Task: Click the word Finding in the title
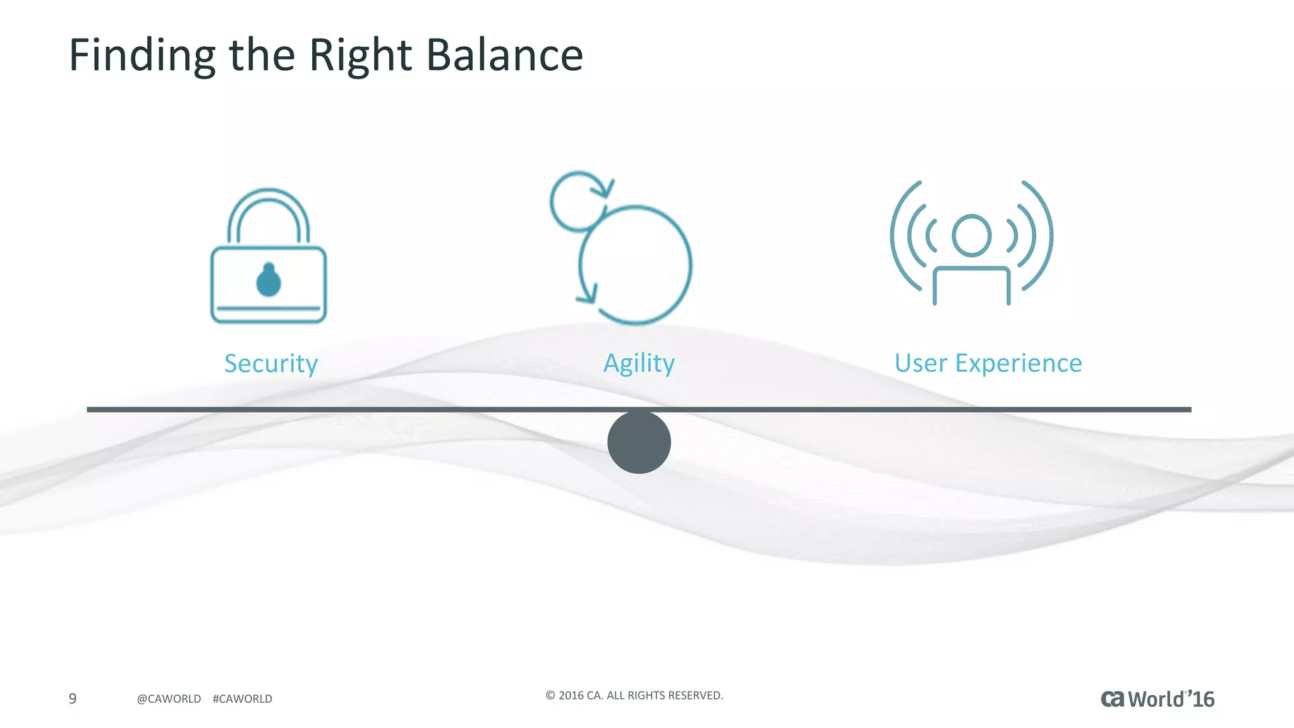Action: (142, 56)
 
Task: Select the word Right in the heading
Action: (360, 56)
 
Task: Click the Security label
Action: (270, 363)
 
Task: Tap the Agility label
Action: (639, 363)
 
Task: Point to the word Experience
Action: (1018, 363)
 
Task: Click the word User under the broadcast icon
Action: (921, 363)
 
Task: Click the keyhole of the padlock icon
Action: (269, 281)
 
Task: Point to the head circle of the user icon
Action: (971, 236)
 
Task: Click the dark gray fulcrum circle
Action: (639, 442)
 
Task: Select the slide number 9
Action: (73, 698)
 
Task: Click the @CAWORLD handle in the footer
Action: (169, 699)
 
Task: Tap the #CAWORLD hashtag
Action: (243, 699)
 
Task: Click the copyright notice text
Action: (634, 695)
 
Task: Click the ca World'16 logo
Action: (1158, 699)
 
